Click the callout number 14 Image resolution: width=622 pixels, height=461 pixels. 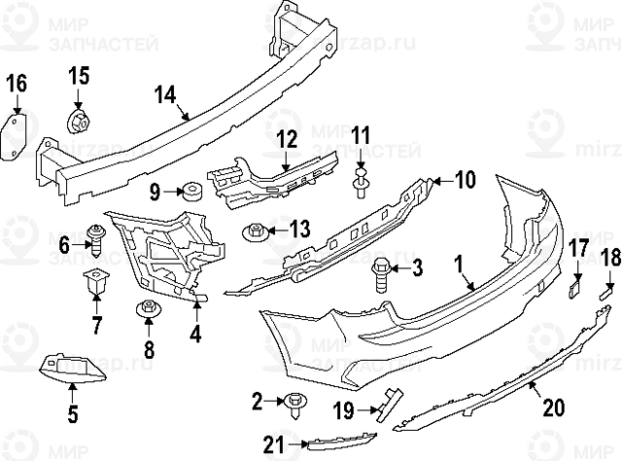click(x=165, y=94)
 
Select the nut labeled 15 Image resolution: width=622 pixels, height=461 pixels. click(x=78, y=123)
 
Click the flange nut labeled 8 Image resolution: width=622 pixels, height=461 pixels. click(x=147, y=310)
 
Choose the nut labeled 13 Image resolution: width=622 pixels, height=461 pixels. click(x=255, y=232)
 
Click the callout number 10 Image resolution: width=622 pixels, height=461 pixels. click(x=465, y=179)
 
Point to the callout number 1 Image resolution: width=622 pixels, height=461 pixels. click(x=457, y=264)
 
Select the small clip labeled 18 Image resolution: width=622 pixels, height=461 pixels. click(x=606, y=289)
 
